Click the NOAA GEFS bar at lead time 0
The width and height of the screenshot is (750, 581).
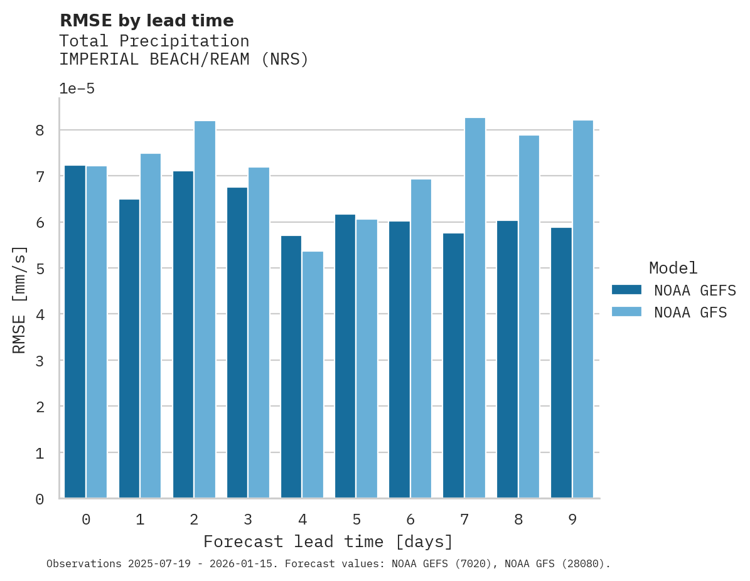[75, 332]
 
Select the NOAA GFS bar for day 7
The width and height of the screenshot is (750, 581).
[474, 308]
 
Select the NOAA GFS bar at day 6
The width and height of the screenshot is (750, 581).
[421, 339]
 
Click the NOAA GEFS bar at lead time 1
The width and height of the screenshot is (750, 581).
[129, 349]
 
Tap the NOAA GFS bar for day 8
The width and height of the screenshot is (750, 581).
[528, 317]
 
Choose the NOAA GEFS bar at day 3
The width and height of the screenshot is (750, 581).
[237, 343]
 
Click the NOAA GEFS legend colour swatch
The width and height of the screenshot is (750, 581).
[626, 290]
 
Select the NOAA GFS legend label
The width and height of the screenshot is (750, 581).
[690, 312]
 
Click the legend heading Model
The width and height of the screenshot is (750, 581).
[673, 269]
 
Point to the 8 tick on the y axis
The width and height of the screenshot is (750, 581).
[40, 131]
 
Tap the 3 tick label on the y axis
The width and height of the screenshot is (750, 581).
[40, 361]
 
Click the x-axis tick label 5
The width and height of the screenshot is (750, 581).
[356, 520]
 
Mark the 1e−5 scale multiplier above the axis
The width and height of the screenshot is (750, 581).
[77, 89]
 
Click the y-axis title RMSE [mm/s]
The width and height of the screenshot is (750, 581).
[19, 300]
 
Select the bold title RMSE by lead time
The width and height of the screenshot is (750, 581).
[146, 21]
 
